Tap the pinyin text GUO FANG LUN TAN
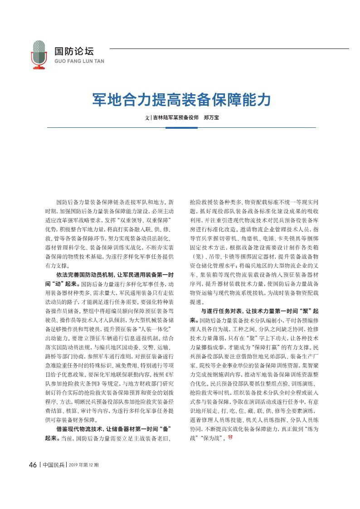click(x=79, y=61)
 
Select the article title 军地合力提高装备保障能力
click(x=181, y=99)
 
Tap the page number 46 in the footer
click(x=33, y=465)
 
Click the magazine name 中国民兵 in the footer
click(x=54, y=465)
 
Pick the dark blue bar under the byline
click(x=181, y=128)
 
